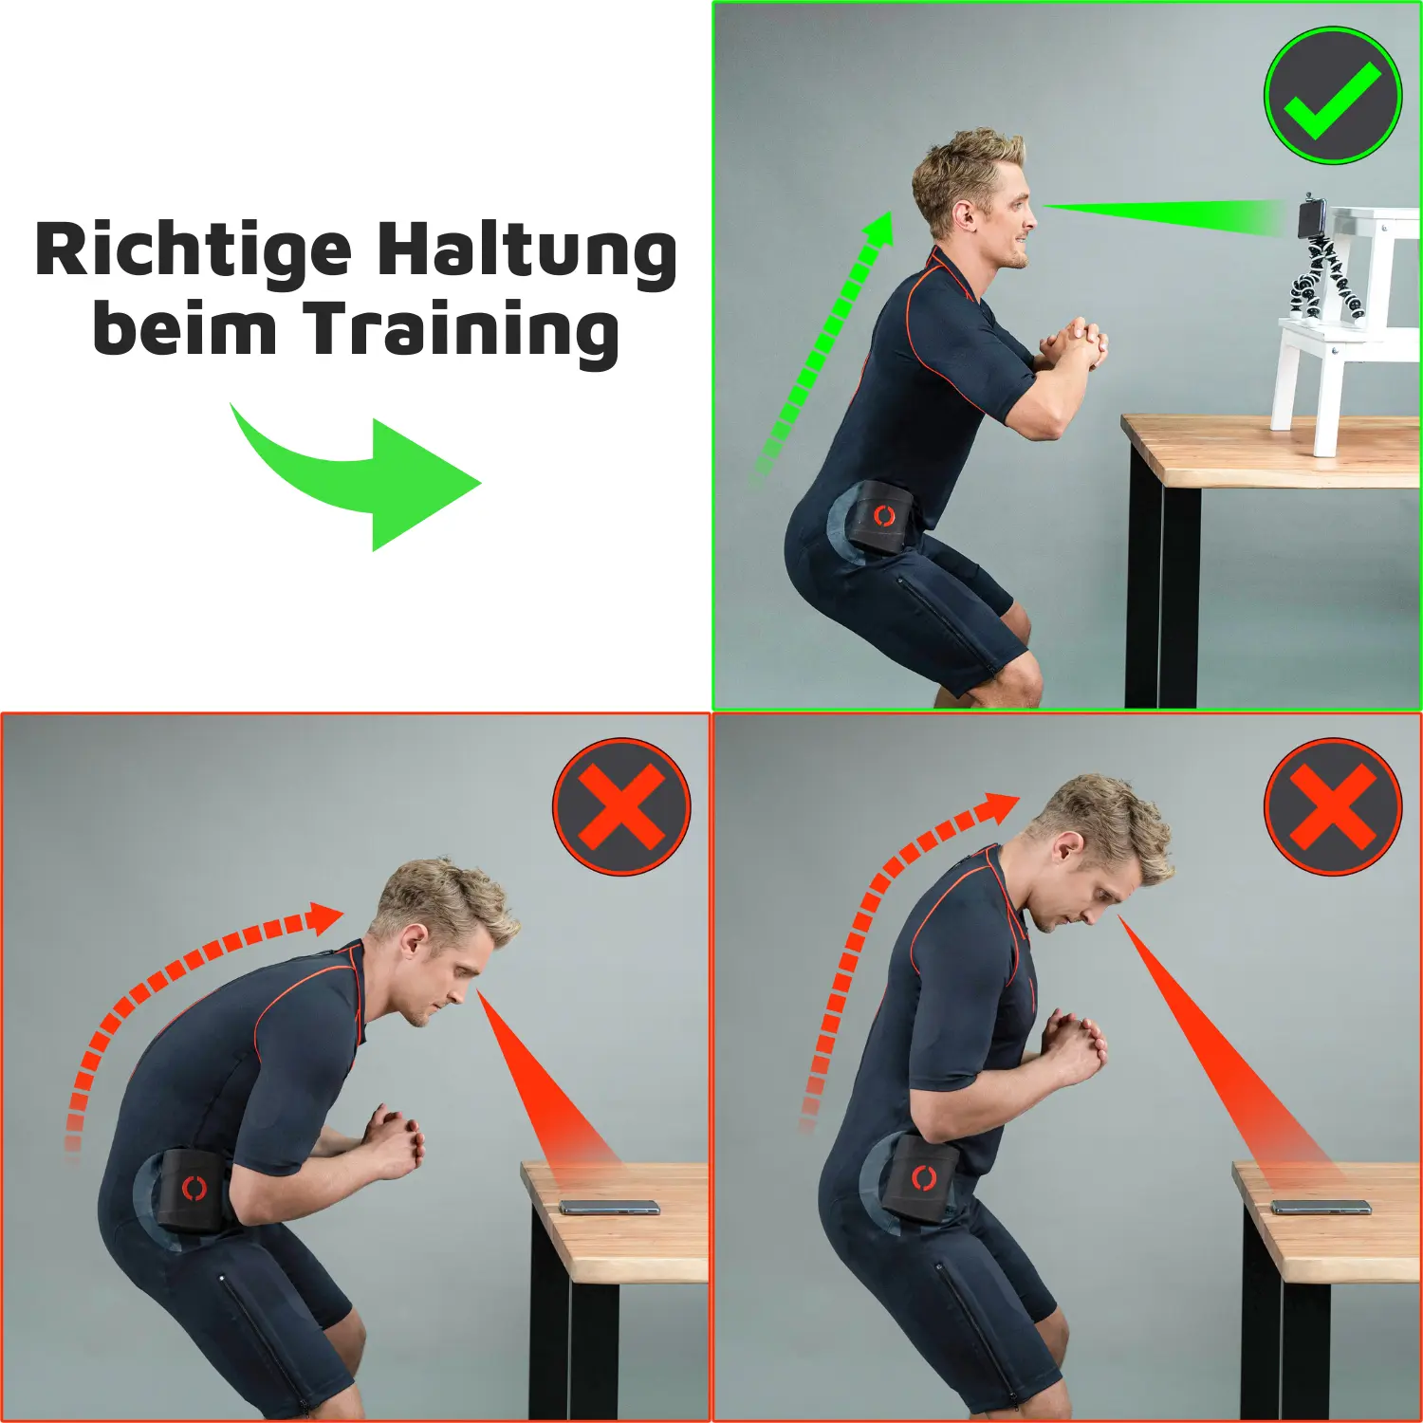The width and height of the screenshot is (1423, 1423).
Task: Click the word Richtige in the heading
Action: click(193, 251)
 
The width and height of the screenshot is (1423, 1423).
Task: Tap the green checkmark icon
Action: click(1333, 96)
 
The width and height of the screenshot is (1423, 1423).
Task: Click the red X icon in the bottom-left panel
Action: click(621, 807)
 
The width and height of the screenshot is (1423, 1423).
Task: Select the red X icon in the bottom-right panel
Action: click(1333, 807)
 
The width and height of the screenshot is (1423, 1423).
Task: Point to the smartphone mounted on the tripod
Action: click(1312, 216)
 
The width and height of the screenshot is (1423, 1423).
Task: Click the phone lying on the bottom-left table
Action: click(609, 1207)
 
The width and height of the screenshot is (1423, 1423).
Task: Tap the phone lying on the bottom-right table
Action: click(1321, 1207)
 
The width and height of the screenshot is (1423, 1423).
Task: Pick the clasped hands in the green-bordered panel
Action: click(1072, 343)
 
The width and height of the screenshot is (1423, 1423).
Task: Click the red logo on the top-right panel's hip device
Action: click(884, 516)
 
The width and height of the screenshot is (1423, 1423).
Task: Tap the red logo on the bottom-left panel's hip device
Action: click(194, 1188)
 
